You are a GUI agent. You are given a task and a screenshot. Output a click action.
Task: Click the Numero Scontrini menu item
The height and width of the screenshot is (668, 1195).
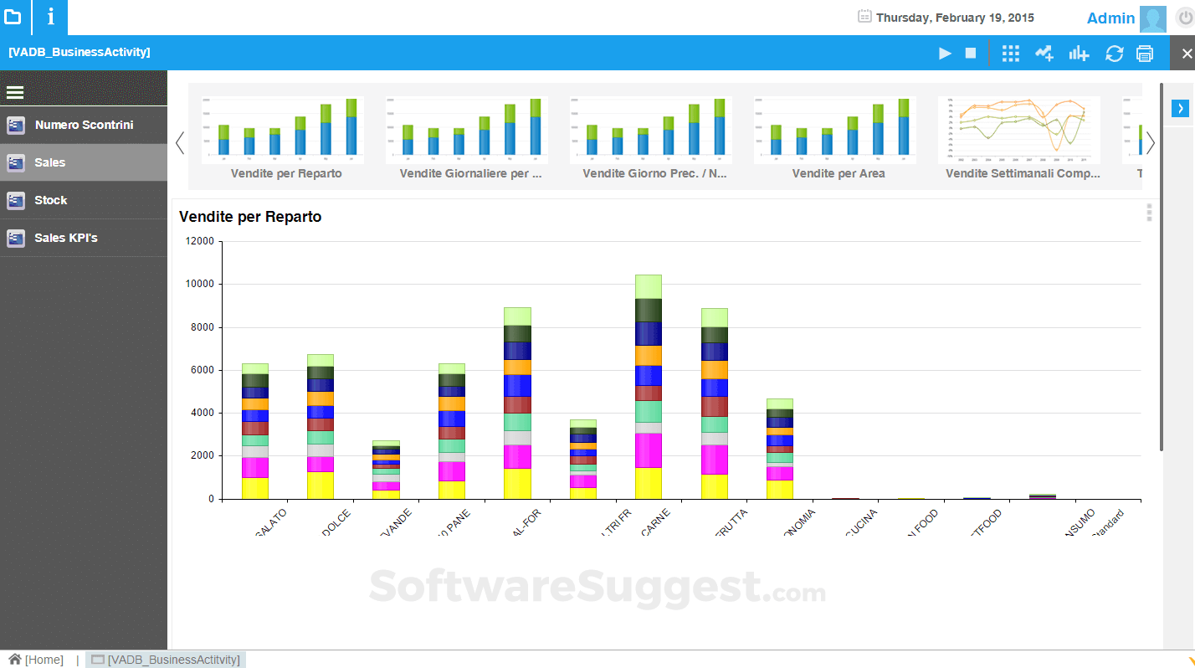click(84, 126)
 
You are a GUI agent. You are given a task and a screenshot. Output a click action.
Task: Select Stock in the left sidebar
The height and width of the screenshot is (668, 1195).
click(50, 201)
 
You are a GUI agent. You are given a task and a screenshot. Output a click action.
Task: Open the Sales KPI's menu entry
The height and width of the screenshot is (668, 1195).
click(65, 239)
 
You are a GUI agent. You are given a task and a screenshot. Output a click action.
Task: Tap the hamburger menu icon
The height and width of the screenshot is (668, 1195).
click(14, 92)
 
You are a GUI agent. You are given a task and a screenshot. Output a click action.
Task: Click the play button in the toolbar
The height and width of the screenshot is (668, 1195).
click(945, 54)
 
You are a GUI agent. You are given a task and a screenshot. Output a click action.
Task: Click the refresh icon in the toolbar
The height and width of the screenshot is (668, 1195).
click(1114, 54)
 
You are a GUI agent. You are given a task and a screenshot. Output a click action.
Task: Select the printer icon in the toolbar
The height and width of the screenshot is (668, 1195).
click(1145, 54)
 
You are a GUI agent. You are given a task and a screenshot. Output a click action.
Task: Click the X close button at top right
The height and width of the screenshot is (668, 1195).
click(1186, 54)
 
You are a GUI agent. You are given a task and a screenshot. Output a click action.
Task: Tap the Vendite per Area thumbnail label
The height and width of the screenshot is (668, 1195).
click(838, 173)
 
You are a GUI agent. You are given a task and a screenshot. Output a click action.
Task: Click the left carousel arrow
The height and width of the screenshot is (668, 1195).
click(180, 143)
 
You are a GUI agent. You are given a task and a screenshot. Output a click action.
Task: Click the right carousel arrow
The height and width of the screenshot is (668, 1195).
click(1151, 143)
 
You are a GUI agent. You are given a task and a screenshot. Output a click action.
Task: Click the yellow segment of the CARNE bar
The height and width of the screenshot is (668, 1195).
click(649, 483)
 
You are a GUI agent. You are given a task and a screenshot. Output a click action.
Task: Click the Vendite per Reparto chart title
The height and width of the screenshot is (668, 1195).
click(250, 217)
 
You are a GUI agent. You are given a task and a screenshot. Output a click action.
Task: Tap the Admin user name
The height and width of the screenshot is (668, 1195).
click(1110, 18)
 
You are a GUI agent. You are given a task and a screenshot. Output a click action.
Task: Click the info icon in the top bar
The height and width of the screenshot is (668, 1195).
click(50, 17)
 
